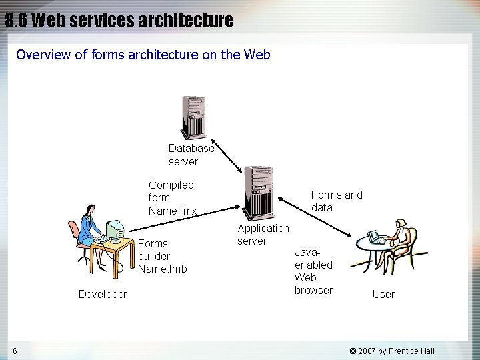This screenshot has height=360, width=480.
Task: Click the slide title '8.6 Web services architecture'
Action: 119,21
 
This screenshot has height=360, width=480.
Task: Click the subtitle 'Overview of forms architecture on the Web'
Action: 143,55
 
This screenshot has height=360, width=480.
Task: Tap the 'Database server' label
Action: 191,155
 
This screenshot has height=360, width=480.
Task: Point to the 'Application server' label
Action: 263,234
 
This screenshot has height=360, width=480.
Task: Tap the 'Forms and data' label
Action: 337,201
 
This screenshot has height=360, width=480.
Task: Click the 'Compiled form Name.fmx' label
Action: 172,197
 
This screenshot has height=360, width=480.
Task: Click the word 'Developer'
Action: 102,294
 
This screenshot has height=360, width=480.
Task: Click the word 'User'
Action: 383,294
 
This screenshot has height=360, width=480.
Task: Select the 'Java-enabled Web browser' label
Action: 313,271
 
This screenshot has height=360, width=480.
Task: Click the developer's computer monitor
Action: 115,231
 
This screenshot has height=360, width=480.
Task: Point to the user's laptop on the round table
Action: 375,237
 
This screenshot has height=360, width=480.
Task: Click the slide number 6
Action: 15,351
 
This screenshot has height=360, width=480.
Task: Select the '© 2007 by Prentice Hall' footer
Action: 392,351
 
